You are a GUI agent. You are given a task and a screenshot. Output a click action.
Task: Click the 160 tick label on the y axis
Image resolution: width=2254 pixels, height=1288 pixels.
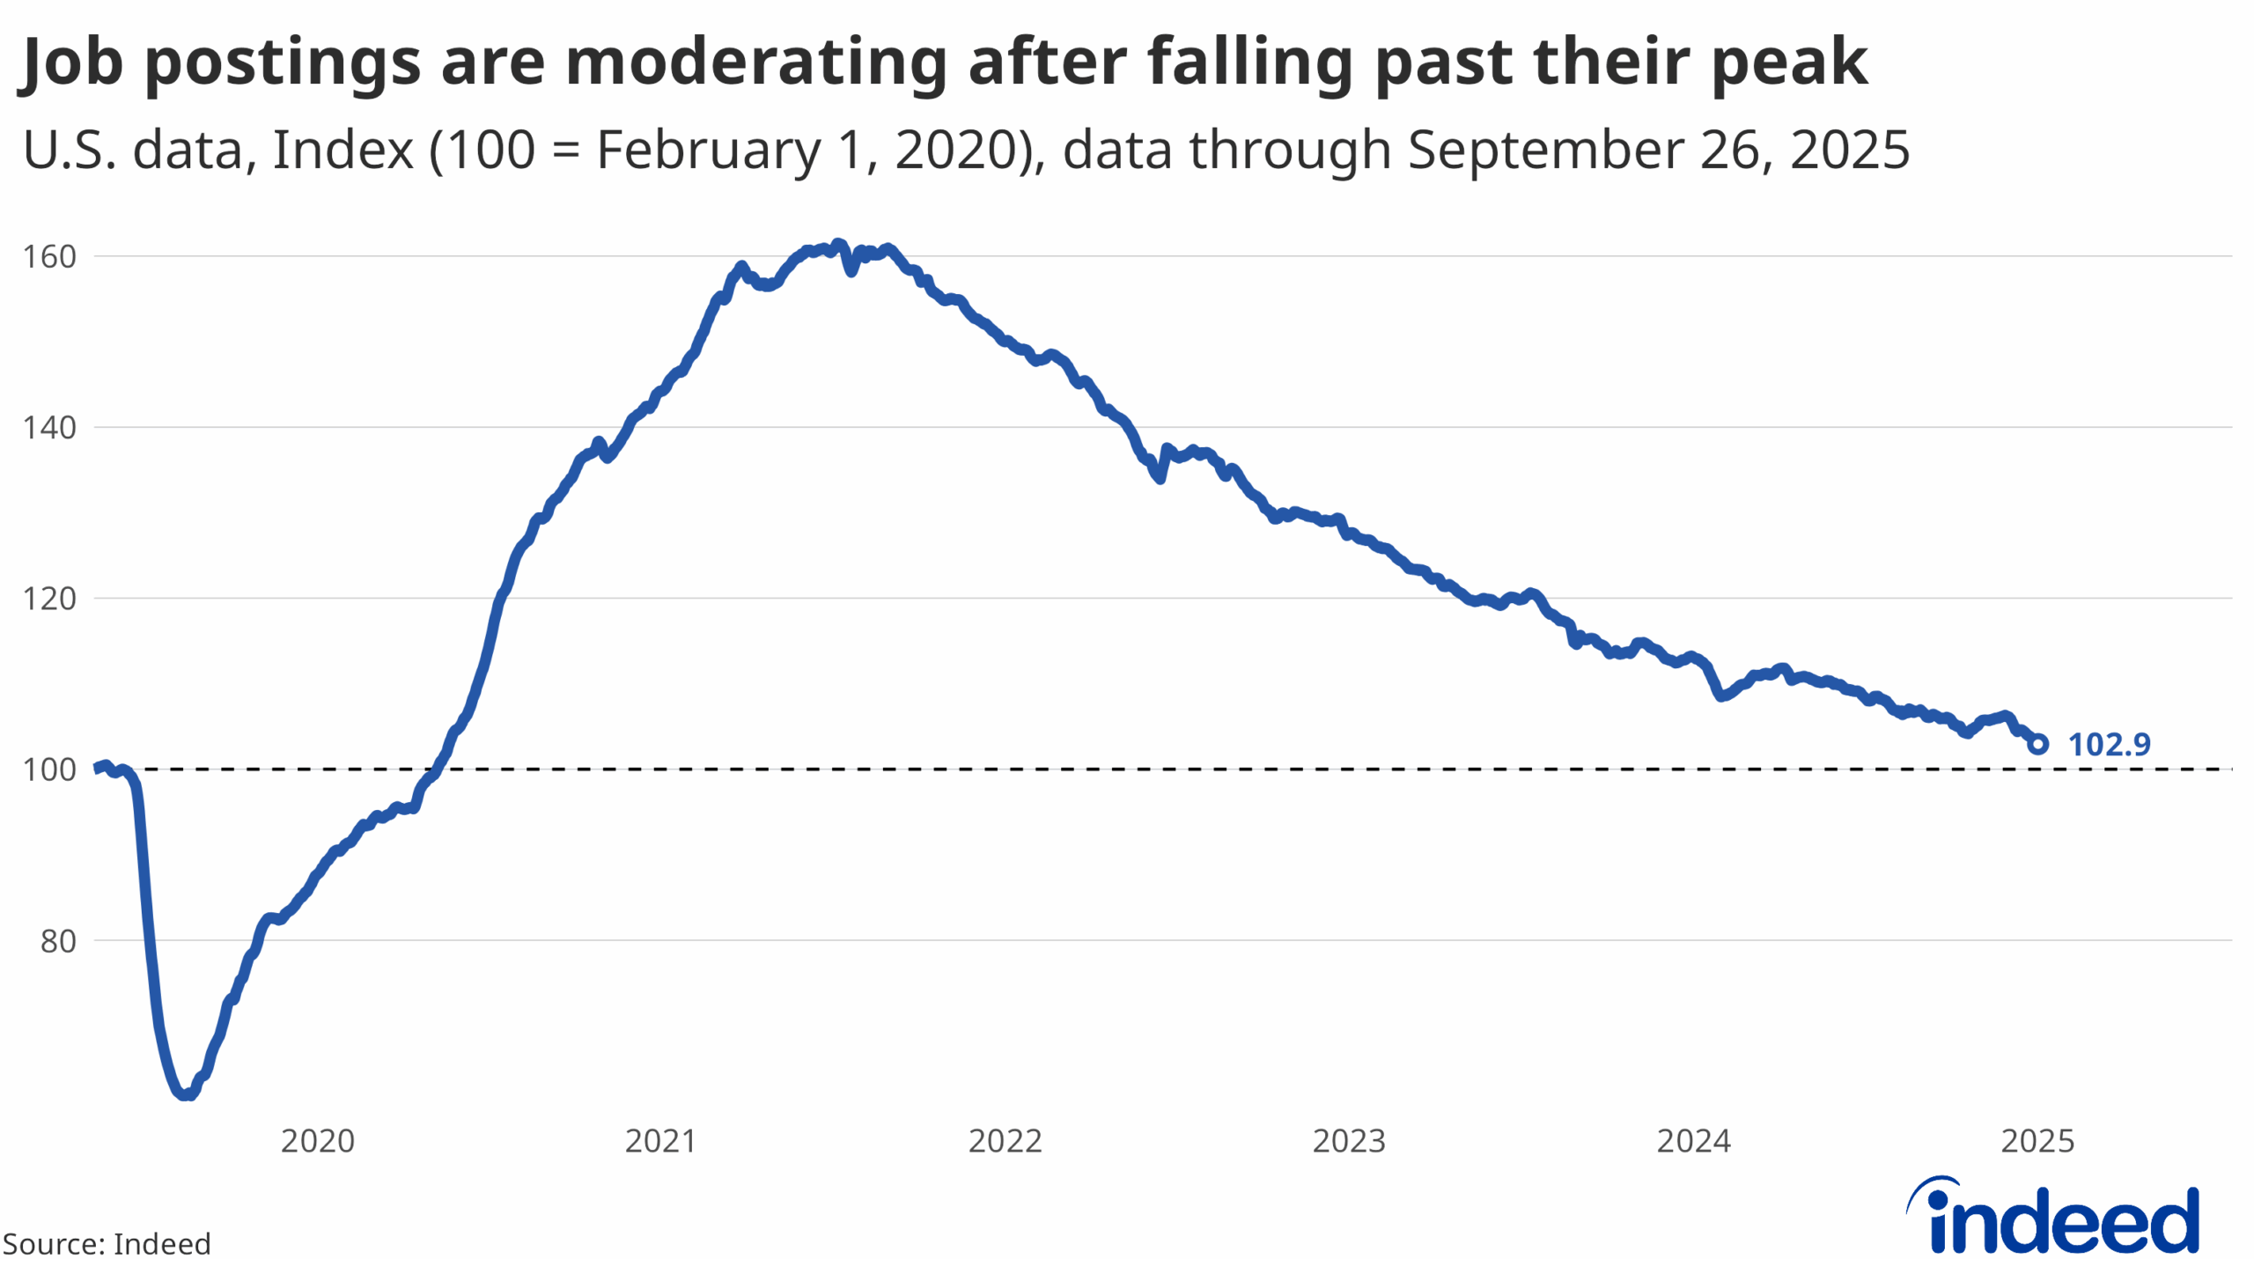coord(49,256)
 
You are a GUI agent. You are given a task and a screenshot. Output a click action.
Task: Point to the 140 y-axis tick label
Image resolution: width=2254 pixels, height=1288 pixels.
coord(49,428)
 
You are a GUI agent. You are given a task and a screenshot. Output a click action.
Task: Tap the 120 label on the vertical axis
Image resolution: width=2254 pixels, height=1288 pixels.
coord(49,599)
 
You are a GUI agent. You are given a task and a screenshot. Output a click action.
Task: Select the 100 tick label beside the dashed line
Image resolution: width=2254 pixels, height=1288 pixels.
coord(49,769)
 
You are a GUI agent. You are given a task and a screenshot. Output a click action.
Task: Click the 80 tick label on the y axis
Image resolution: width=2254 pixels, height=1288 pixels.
coord(58,941)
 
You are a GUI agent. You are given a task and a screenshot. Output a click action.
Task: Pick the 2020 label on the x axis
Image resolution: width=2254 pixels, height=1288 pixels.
coord(318,1141)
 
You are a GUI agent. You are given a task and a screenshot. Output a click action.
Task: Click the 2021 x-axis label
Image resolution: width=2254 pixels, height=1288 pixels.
coord(661,1141)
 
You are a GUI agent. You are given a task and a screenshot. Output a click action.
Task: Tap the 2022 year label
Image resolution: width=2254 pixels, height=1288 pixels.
coord(1005,1141)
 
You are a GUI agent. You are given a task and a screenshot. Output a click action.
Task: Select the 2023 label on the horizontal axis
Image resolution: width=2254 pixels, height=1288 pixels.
coord(1349,1141)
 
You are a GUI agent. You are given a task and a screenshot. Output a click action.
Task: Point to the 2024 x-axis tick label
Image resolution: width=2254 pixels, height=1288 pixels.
coord(1693,1141)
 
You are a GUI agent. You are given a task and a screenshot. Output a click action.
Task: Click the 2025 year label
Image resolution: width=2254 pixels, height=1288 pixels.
coord(2037,1141)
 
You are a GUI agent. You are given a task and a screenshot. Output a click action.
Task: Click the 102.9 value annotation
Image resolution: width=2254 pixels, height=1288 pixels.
coord(2109,745)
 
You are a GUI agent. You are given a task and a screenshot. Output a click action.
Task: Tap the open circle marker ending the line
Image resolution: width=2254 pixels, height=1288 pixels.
coord(2037,745)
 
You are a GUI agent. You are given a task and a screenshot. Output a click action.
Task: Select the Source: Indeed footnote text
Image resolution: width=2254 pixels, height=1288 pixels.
coord(107,1244)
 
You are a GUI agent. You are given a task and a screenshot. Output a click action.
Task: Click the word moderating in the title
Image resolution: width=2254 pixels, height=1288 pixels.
coord(755,62)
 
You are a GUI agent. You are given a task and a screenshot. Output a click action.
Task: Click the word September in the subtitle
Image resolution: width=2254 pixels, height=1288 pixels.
coord(1545,151)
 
